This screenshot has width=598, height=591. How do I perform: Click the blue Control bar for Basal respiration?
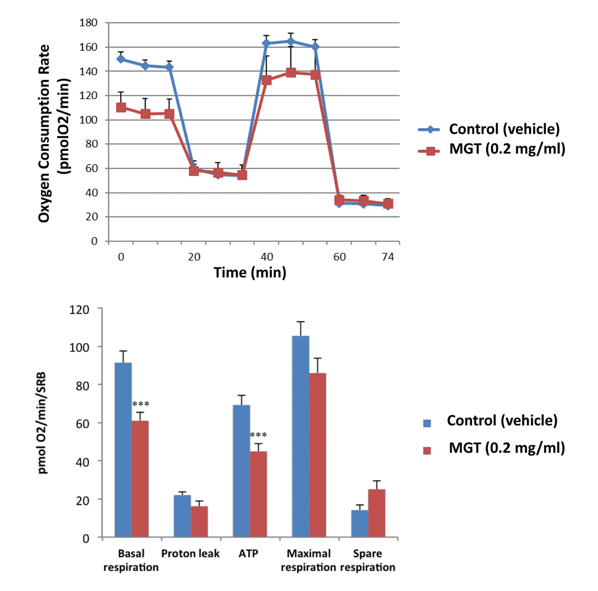[x=123, y=449]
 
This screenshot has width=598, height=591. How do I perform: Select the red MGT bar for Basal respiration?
[x=140, y=479]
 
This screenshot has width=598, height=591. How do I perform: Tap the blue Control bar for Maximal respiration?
[x=300, y=436]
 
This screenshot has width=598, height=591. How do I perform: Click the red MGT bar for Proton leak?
[x=199, y=522]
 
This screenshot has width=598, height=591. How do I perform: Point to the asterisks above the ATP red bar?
[x=258, y=435]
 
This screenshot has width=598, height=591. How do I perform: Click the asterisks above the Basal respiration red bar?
[x=141, y=404]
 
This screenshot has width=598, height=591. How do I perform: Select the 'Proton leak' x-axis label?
[x=190, y=554]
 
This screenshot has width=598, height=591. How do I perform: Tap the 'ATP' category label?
[x=249, y=554]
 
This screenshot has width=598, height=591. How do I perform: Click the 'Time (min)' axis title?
[x=250, y=272]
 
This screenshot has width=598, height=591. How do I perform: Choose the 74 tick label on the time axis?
[x=388, y=257]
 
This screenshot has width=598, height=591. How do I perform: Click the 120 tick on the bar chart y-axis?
[x=79, y=309]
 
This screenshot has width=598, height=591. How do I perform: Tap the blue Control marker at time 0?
[x=121, y=59]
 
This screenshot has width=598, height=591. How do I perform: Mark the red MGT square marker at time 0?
[x=121, y=107]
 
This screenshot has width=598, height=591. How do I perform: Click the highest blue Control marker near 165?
[x=291, y=41]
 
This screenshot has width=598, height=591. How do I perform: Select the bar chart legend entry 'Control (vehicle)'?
[x=502, y=420]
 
